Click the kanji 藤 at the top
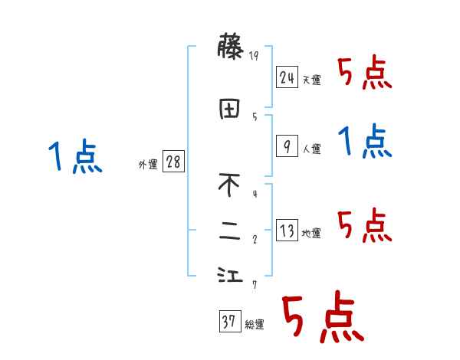point(230,48)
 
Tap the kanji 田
point(230,109)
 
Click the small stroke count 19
point(255,55)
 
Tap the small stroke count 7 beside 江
point(255,286)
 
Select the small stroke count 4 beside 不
point(255,193)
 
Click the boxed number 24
point(287,77)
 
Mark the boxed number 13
point(287,230)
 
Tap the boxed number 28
point(173,162)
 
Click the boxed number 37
point(229,322)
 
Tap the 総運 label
point(255,326)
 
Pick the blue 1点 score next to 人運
point(365,142)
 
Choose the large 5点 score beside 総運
point(322,318)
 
